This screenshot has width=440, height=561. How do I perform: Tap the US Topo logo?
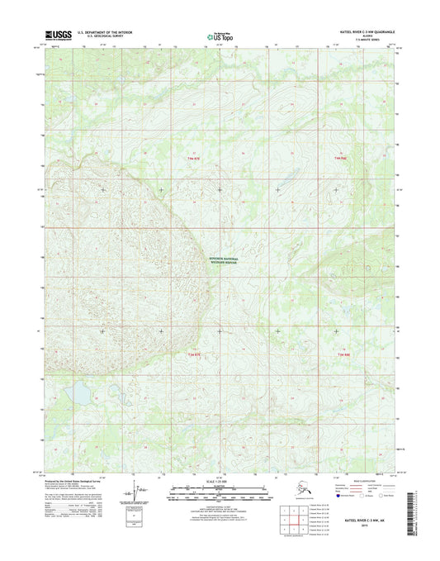(219, 36)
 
